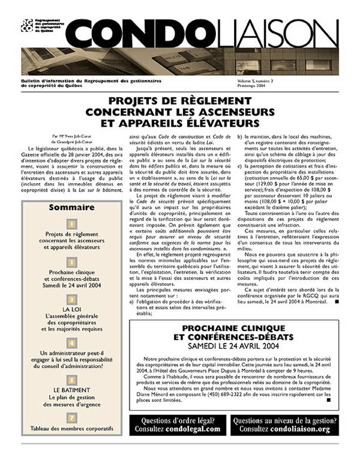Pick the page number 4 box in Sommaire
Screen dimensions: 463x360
(71, 342)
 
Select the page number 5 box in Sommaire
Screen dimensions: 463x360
(71, 380)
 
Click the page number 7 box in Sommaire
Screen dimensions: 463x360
(71, 417)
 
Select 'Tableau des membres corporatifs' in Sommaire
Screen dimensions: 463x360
(71, 429)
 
